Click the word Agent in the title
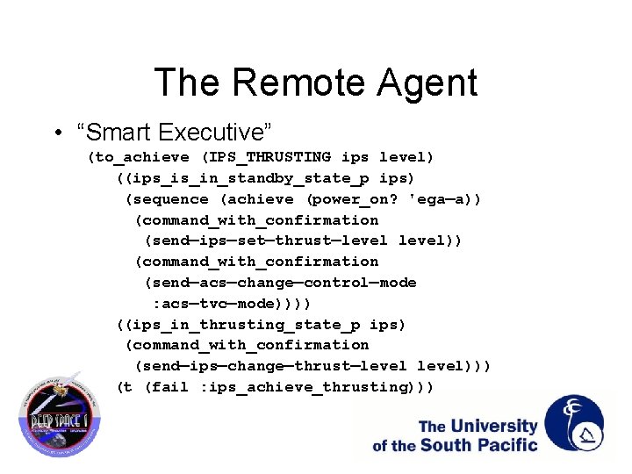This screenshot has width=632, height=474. pyautogui.click(x=428, y=83)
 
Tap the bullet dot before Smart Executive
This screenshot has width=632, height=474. pyautogui.click(x=56, y=133)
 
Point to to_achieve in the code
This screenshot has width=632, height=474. pyautogui.click(x=141, y=157)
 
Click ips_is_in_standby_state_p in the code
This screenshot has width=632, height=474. pyautogui.click(x=241, y=178)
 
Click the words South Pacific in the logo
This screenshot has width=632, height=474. pyautogui.click(x=478, y=445)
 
